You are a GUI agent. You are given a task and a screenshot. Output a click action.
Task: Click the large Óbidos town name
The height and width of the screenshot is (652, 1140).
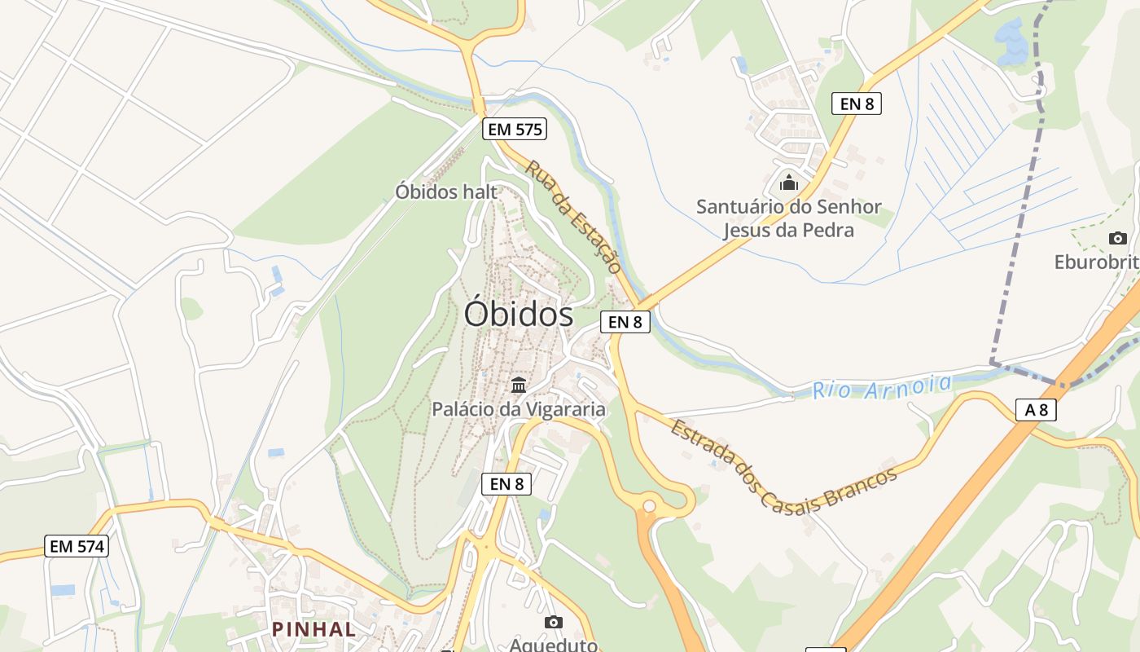point(519,314)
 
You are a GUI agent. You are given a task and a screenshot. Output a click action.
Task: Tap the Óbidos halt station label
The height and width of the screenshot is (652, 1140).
point(445,192)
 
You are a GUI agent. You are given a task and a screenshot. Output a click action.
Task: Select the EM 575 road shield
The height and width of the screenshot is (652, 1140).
point(514,129)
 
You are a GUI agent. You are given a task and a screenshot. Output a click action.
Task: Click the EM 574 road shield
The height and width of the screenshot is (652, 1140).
point(77,546)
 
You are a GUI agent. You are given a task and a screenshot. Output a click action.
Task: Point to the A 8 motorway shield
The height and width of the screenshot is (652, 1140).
point(1036,410)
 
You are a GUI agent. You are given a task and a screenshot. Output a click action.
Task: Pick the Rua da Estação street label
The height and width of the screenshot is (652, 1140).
point(573,216)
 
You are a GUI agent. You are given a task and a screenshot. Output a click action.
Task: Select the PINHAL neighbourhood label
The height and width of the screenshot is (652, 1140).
point(314,629)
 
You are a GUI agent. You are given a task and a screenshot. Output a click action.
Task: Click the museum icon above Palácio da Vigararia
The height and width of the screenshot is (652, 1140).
point(519,384)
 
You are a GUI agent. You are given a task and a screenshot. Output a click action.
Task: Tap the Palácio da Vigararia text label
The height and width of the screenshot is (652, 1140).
point(519,409)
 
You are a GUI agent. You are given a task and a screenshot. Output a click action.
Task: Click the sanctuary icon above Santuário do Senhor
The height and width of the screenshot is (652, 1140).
point(788,183)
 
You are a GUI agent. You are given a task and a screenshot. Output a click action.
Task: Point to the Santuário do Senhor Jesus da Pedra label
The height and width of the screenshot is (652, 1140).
point(788,218)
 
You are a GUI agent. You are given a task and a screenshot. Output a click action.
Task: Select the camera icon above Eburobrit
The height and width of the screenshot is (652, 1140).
point(1118,238)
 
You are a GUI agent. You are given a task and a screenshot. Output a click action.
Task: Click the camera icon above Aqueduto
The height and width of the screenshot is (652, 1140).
point(554,622)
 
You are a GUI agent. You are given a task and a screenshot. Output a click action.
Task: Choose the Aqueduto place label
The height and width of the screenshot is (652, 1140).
point(554,645)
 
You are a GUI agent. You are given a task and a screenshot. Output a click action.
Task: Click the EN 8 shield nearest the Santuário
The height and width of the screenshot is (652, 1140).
point(857,104)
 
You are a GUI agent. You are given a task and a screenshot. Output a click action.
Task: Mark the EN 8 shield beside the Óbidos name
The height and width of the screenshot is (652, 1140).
point(625,322)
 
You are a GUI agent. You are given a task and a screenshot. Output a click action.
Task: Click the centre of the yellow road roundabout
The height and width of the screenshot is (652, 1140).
point(649,506)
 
